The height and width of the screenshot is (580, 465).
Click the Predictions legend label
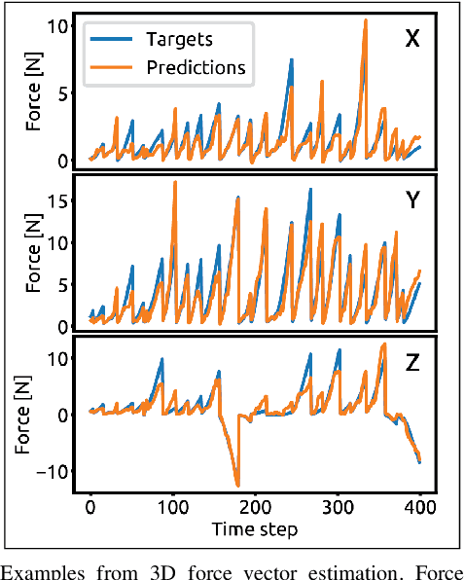pyautogui.click(x=195, y=67)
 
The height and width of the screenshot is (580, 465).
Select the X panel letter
pyautogui.click(x=411, y=40)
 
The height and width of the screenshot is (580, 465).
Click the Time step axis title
pyautogui.click(x=255, y=528)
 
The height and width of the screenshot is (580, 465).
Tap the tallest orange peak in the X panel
pyautogui.click(x=365, y=20)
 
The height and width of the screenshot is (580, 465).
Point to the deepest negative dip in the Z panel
pyautogui.click(x=236, y=484)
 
